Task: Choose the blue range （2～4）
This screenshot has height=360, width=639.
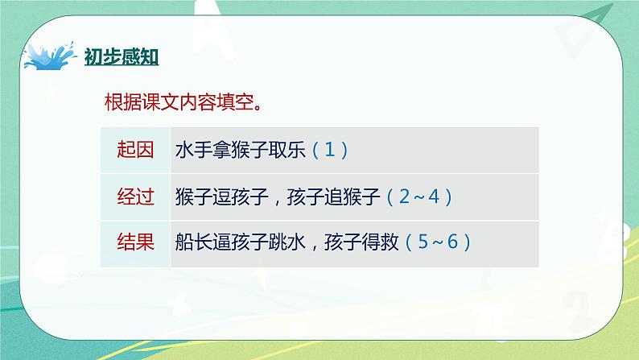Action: tap(419, 197)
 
